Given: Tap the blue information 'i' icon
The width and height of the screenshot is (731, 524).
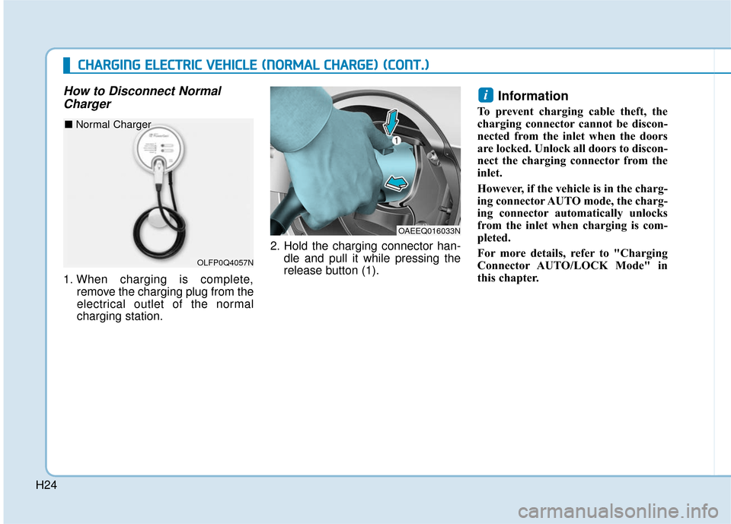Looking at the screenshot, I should click(x=486, y=95).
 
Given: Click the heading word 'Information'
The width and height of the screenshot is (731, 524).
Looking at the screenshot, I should click(x=532, y=96).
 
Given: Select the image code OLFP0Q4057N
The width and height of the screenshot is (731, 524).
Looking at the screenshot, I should click(x=225, y=262).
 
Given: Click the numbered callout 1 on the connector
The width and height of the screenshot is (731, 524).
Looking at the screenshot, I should click(x=396, y=140).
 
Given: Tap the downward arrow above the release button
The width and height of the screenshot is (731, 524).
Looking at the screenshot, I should click(x=390, y=121).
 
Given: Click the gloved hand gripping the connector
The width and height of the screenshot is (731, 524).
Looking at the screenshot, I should click(x=327, y=160).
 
